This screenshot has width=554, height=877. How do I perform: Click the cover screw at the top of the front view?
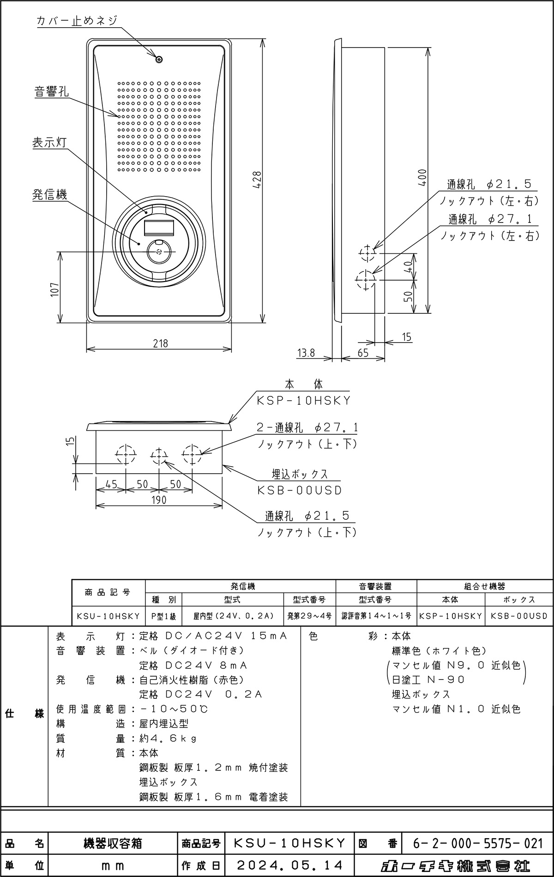click(159, 59)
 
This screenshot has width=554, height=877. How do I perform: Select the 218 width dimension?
click(160, 343)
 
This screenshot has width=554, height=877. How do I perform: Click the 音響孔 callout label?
click(52, 91)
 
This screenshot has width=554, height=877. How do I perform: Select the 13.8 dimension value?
click(306, 353)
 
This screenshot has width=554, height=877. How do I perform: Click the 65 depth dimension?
click(363, 353)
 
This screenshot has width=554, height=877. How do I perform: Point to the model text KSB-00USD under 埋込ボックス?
click(299, 491)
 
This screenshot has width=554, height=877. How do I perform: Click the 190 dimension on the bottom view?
click(158, 500)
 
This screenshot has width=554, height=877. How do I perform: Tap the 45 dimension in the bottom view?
click(111, 484)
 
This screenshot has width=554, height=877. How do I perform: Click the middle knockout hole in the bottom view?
click(158, 456)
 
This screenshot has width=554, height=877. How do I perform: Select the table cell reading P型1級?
click(163, 616)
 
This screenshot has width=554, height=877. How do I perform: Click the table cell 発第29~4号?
click(309, 616)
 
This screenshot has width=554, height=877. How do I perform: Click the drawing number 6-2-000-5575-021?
click(477, 844)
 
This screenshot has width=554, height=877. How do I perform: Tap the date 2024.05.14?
click(289, 865)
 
